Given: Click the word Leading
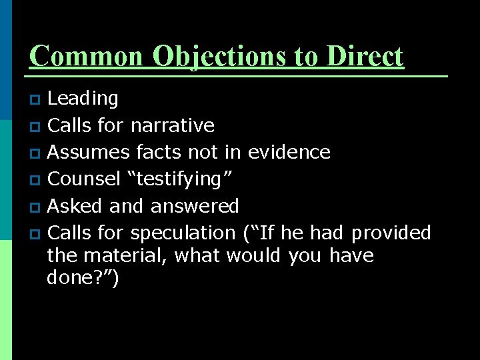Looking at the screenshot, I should tap(83, 99).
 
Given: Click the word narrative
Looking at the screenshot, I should tap(172, 125).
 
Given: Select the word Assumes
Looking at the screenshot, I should tap(89, 153).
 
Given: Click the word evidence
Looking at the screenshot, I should tap(289, 153).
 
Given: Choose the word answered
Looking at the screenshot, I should tap(194, 206).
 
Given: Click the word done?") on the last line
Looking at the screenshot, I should tap(83, 279).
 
